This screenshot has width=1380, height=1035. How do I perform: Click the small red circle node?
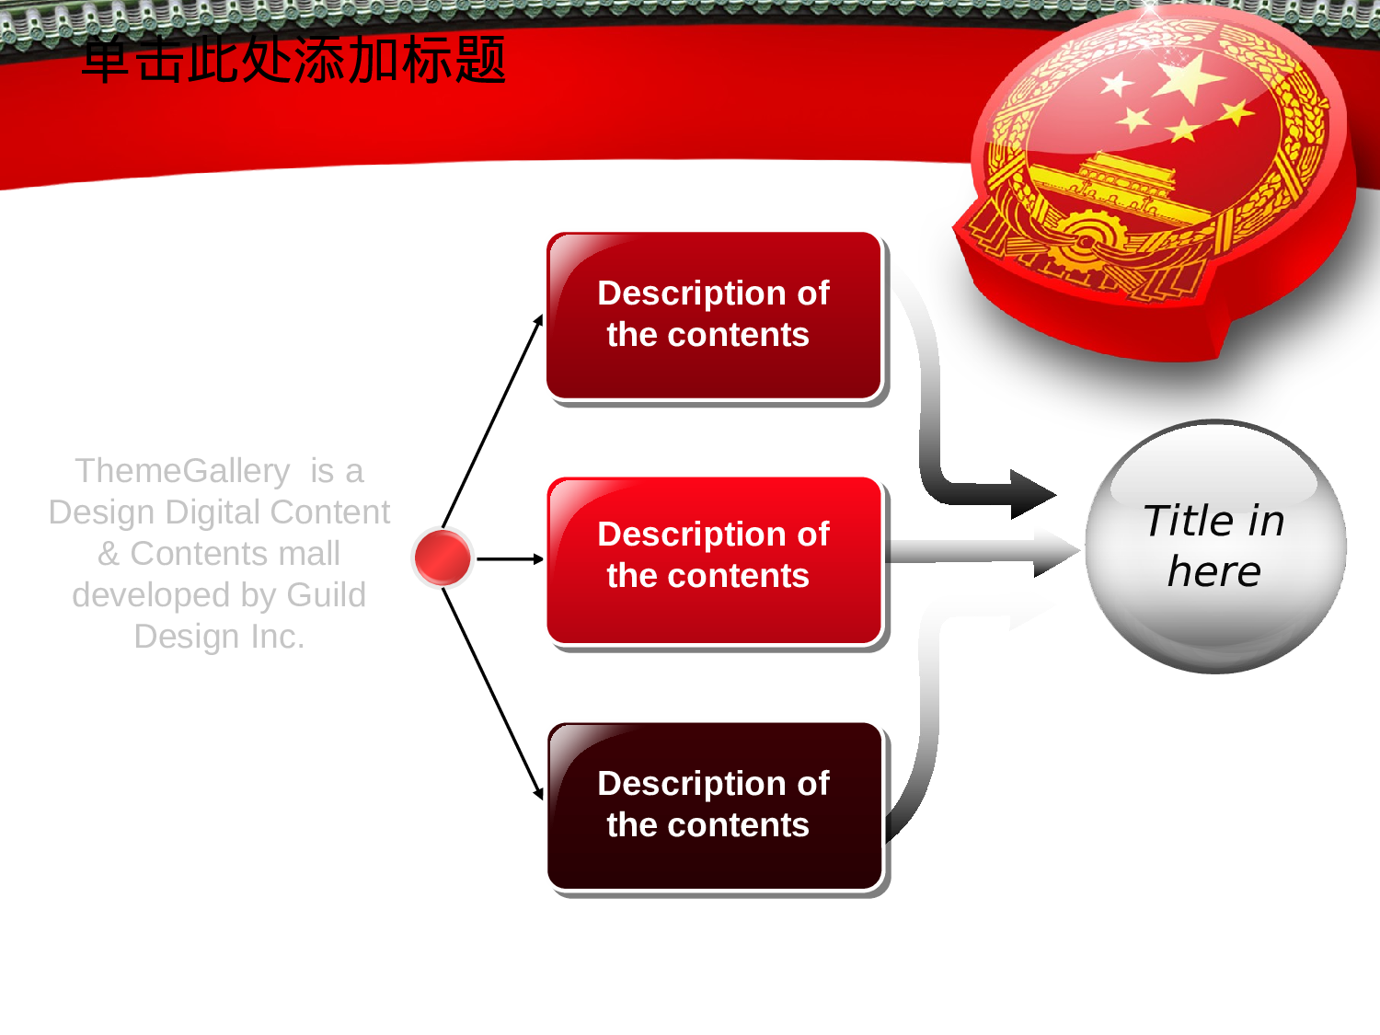click(442, 558)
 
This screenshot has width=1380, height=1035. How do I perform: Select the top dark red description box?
click(714, 316)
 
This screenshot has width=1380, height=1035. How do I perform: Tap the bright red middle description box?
click(714, 560)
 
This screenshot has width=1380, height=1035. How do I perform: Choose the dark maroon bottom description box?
click(714, 806)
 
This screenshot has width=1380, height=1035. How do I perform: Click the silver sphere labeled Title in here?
click(1215, 546)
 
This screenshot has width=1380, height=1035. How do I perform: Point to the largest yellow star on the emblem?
click(1189, 77)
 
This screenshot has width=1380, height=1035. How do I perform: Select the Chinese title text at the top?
click(294, 60)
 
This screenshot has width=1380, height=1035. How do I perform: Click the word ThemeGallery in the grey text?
click(182, 471)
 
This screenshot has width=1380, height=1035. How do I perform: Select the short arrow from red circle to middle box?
click(510, 558)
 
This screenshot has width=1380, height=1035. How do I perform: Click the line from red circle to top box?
click(492, 421)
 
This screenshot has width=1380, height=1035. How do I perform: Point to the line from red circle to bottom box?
click(492, 694)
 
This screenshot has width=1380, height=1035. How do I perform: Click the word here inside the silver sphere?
click(1214, 572)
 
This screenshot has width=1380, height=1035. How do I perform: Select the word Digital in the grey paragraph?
click(213, 512)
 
